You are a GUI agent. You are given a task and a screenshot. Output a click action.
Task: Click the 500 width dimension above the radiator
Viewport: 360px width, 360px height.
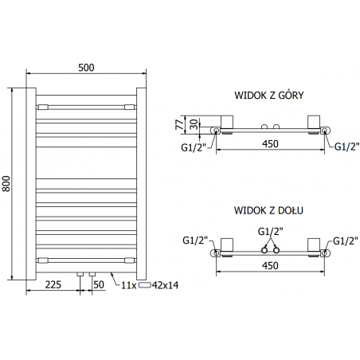click(86, 68)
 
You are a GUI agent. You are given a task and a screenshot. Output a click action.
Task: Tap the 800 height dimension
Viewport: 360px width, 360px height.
click(7, 183)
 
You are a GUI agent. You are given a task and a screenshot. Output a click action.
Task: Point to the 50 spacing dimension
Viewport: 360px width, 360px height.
click(99, 284)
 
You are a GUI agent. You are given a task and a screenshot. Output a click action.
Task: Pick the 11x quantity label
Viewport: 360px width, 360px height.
click(127, 284)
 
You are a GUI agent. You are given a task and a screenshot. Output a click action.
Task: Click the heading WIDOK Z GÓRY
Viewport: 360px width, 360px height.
click(269, 95)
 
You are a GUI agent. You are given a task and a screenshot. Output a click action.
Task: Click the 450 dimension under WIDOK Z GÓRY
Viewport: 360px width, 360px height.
click(270, 144)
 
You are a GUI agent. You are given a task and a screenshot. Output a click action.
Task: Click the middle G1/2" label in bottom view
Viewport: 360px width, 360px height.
click(270, 231)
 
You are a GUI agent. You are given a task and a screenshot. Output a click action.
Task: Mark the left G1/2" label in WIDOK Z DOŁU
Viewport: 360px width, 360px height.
click(195, 241)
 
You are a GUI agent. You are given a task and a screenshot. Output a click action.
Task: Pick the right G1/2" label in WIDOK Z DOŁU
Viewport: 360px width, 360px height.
click(344, 241)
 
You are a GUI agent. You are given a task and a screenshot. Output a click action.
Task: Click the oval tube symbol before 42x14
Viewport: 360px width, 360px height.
click(144, 284)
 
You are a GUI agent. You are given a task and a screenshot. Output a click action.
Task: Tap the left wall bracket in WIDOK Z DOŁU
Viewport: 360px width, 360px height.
click(225, 245)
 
